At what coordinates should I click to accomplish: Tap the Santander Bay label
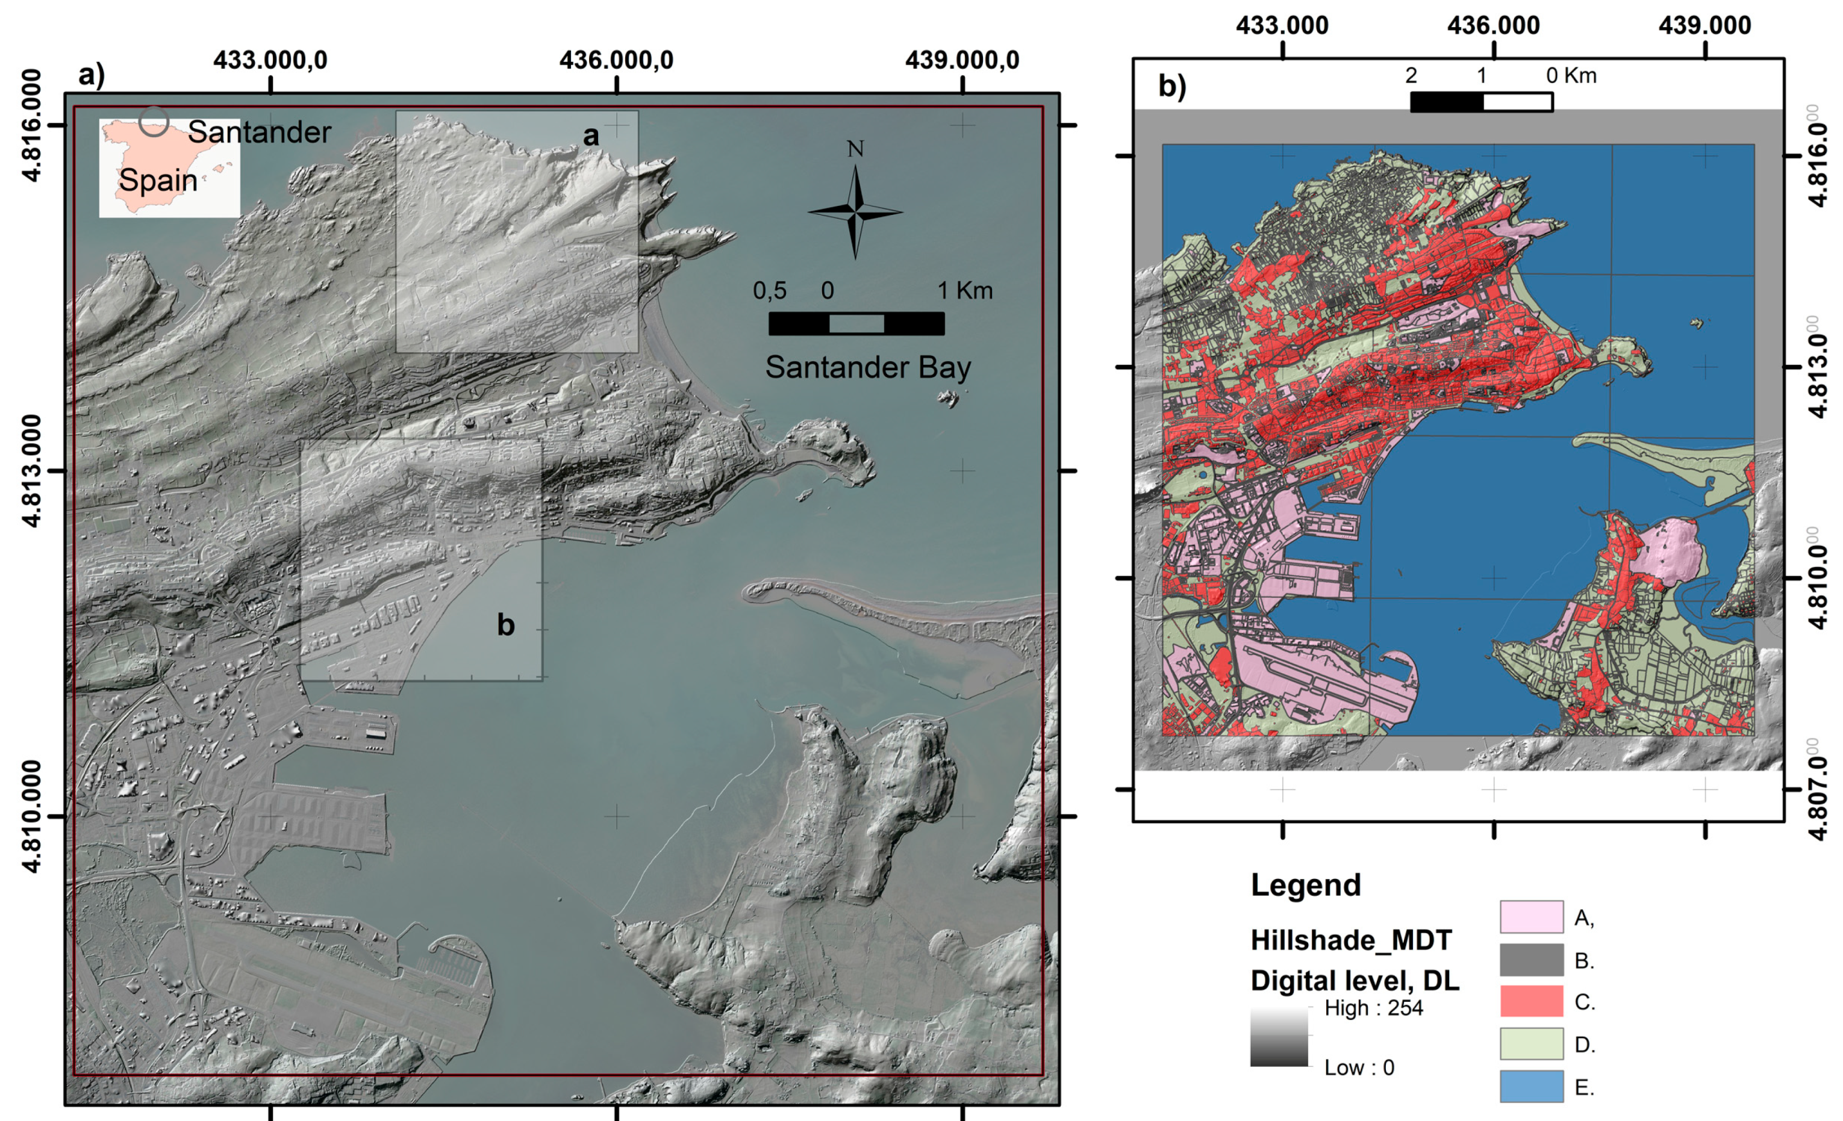tap(868, 367)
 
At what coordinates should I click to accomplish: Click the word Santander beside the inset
tap(259, 132)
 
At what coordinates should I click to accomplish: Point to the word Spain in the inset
tap(158, 180)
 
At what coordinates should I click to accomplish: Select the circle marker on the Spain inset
tap(154, 121)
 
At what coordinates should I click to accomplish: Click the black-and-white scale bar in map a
tap(856, 323)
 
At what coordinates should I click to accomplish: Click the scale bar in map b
tap(1481, 102)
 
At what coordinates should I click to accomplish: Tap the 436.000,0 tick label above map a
tap(616, 60)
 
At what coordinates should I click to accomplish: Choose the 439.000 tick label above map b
tap(1704, 25)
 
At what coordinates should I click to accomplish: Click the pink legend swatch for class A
tap(1531, 917)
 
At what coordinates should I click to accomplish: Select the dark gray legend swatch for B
tap(1531, 960)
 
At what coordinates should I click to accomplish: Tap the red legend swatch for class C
tap(1531, 1001)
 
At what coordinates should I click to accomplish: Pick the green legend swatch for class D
tap(1531, 1044)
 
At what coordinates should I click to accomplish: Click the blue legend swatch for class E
tap(1531, 1086)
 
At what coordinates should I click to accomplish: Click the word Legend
tap(1305, 886)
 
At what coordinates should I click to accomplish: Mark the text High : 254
tap(1373, 1008)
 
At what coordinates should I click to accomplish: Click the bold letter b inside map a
tap(506, 625)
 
